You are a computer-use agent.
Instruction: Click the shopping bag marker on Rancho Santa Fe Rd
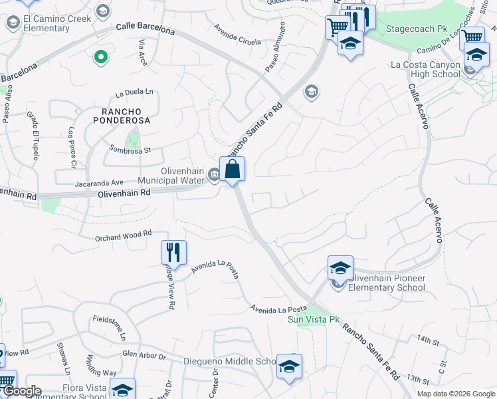233,169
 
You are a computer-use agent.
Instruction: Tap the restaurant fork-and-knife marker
173,253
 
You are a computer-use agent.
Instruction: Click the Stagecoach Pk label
417,29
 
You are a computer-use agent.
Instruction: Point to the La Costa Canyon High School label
426,69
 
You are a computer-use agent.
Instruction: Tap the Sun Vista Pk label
314,320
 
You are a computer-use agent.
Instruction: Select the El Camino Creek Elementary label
47,23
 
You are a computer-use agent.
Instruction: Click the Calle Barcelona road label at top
146,29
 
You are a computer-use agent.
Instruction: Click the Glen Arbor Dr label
143,356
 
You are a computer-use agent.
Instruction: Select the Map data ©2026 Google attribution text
455,394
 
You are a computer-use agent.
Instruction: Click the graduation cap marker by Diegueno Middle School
290,367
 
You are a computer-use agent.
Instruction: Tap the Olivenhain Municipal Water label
171,176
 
